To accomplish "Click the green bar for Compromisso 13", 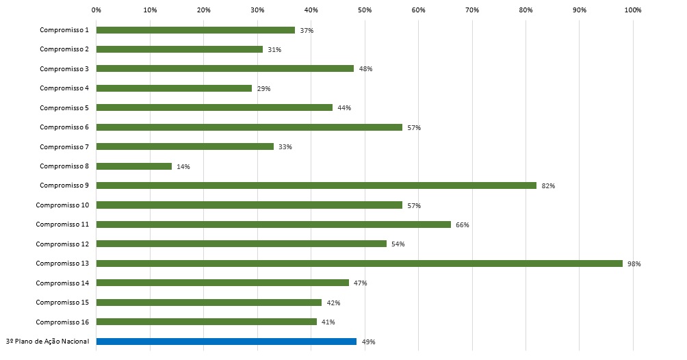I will (x=359, y=263).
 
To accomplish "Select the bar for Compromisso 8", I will (x=134, y=166).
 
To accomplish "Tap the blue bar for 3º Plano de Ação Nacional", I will (x=226, y=342).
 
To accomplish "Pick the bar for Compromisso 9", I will (x=316, y=185).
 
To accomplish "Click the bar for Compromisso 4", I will (x=174, y=88).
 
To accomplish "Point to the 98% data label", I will (x=634, y=264).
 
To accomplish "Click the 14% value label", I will (x=183, y=167).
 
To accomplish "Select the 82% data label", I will (x=548, y=186).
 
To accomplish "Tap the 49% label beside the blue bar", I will (x=369, y=342).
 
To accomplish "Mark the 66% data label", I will (x=463, y=225).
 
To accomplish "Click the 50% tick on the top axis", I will (x=365, y=10).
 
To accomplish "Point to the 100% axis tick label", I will (x=633, y=10).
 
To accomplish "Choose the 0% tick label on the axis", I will (x=96, y=10).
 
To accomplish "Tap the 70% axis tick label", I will (x=472, y=10).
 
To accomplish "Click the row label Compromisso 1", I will (x=64, y=30).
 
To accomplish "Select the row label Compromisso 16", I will (x=62, y=322).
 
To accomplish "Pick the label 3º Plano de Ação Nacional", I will (x=47, y=342).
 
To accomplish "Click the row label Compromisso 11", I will (x=62, y=224).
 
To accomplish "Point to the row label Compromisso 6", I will (x=64, y=127).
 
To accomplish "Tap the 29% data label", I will (x=264, y=89).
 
